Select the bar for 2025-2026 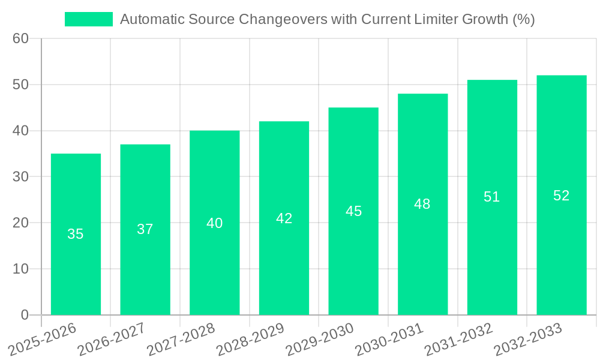click(x=76, y=234)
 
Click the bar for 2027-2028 click(x=214, y=223)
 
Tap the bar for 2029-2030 click(x=353, y=211)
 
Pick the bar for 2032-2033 click(x=562, y=195)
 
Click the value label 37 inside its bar click(x=145, y=229)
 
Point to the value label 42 click(x=284, y=218)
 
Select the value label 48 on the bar click(x=422, y=204)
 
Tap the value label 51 click(x=492, y=197)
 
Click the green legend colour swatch click(x=89, y=19)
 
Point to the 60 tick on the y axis click(x=20, y=38)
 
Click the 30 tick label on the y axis click(x=20, y=176)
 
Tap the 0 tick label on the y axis click(x=25, y=315)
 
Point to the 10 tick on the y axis click(x=20, y=269)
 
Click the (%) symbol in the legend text click(x=524, y=19)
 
